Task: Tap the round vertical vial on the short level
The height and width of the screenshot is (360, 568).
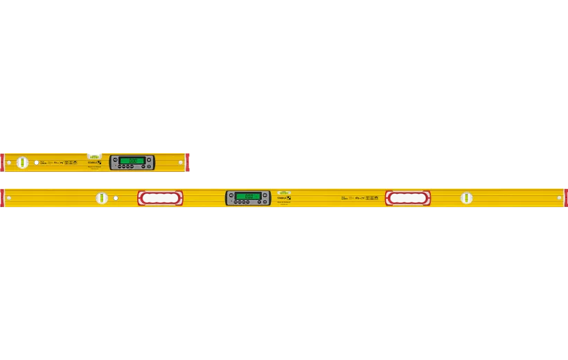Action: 21,163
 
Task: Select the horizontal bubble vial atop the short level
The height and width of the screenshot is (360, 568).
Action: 95,152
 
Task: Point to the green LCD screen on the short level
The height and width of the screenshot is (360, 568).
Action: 131,161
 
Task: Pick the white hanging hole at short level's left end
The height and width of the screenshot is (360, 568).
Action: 9,163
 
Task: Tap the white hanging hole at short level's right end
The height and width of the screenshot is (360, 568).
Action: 179,163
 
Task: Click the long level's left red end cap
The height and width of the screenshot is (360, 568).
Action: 2,198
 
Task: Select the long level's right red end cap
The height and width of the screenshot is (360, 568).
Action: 565,198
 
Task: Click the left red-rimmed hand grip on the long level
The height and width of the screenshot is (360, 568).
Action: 160,199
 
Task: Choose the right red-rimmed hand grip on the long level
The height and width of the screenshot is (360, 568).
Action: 408,199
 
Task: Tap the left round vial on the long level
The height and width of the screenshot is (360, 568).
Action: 103,199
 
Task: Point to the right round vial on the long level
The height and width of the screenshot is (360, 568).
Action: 467,199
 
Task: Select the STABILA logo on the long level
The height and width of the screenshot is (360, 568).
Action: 284,199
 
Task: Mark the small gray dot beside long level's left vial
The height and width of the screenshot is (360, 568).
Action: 116,199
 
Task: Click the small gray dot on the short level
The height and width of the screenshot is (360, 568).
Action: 36,163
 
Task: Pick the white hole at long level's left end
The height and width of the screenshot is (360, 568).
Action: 9,199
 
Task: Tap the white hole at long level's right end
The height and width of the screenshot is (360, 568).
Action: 558,199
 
